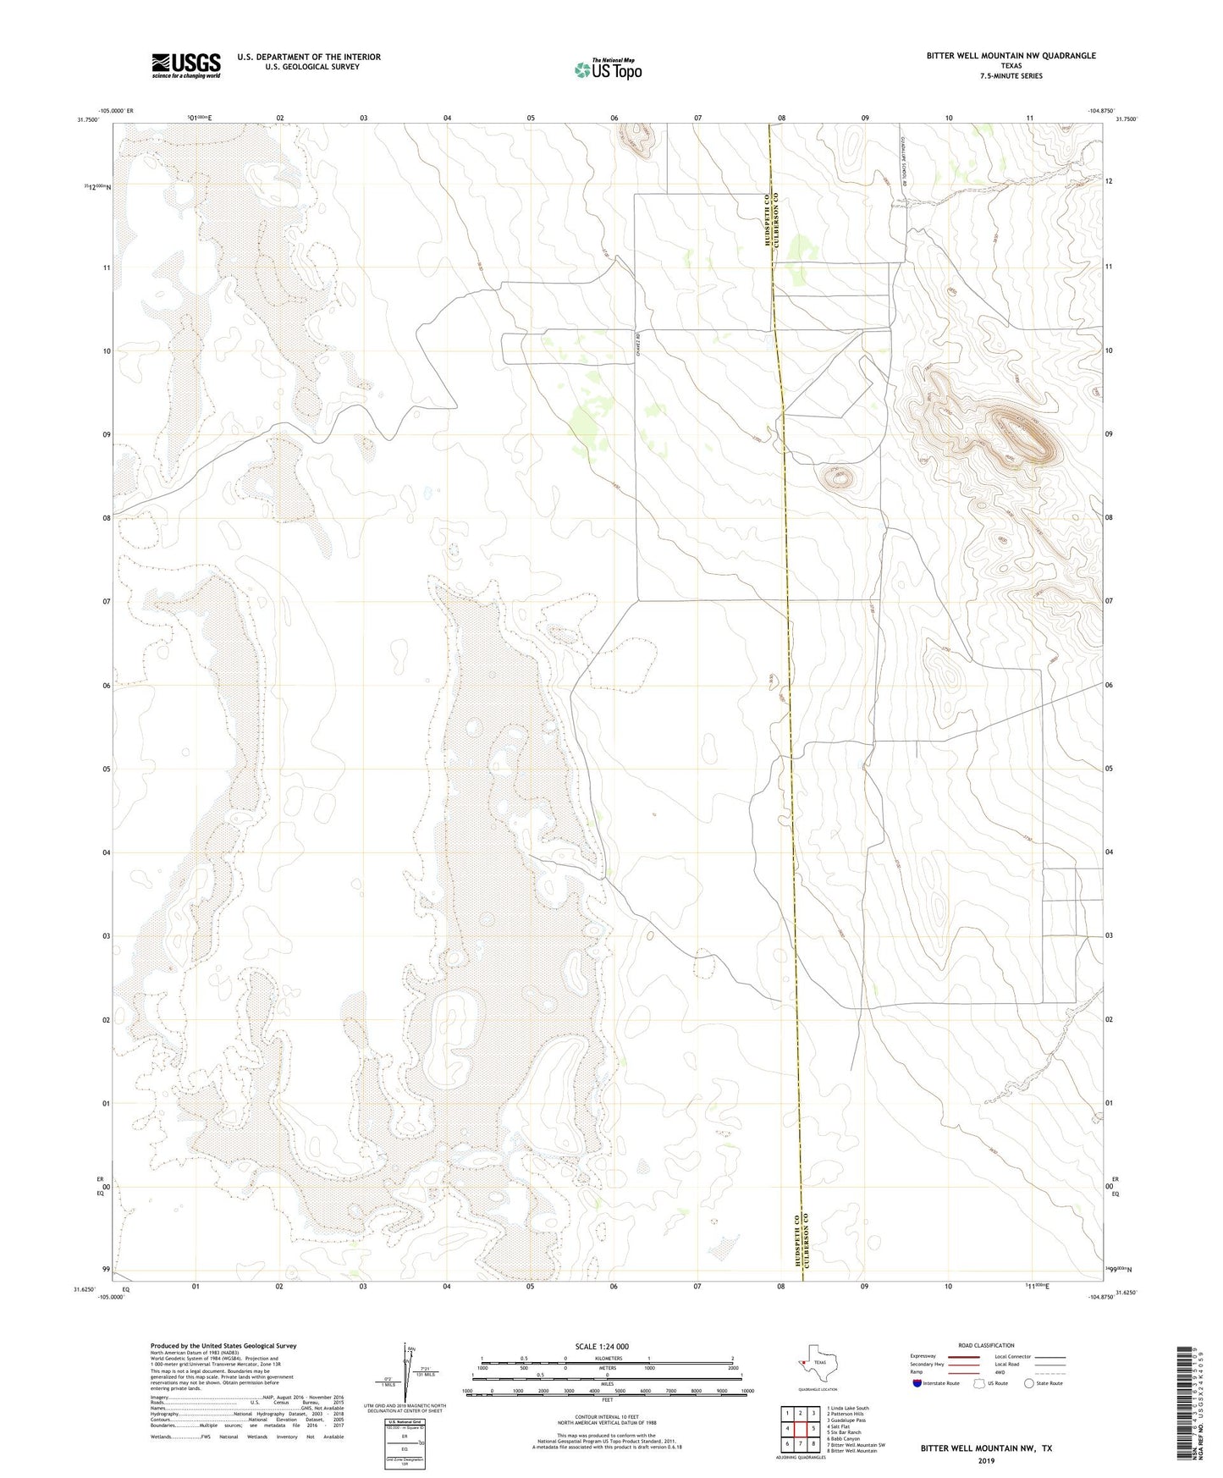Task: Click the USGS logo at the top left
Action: point(186,65)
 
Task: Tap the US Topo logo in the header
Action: point(608,69)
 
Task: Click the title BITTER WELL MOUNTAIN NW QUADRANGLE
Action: point(1011,56)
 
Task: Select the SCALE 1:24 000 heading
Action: point(602,1346)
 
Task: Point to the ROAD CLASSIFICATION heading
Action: point(986,1345)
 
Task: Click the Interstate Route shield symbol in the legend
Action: point(917,1383)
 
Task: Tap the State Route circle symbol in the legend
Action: point(1029,1383)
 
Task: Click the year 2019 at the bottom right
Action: point(986,1460)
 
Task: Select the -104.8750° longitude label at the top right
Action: point(1102,110)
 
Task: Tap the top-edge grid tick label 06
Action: point(614,118)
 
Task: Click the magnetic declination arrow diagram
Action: point(410,1373)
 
